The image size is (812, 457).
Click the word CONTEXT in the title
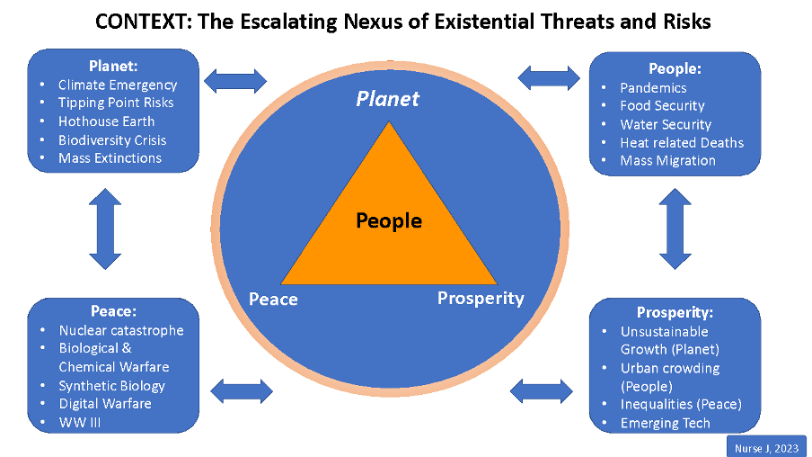141,22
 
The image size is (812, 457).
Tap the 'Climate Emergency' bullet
118,85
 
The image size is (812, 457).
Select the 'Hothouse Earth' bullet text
106,121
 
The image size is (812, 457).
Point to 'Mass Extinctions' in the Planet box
110,158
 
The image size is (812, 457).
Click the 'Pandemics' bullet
654,88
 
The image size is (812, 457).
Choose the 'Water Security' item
666,124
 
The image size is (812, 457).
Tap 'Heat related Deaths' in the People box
682,143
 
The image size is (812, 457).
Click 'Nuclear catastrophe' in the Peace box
121,330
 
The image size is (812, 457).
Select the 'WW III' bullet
80,422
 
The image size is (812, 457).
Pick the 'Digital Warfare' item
105,404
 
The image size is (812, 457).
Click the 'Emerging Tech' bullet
666,424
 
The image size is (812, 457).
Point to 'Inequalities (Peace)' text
681,404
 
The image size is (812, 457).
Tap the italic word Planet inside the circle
388,99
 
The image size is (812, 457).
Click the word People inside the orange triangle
389,221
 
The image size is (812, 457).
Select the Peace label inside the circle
273,300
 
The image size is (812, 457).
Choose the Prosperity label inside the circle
481,299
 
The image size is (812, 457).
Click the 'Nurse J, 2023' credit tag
766,449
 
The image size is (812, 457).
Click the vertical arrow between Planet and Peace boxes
105,228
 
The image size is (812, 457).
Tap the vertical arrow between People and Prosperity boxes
675,228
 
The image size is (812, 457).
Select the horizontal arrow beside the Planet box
235,81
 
